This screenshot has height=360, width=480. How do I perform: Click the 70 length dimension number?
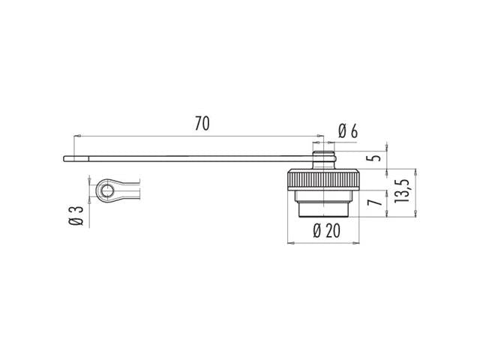coord(202,124)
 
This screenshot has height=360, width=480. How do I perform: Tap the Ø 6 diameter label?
coord(347,130)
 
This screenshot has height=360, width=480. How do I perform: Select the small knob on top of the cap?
coord(323,159)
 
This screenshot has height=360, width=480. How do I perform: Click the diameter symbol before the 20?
coord(317,230)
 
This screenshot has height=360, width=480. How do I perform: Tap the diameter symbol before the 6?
coord(342,130)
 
